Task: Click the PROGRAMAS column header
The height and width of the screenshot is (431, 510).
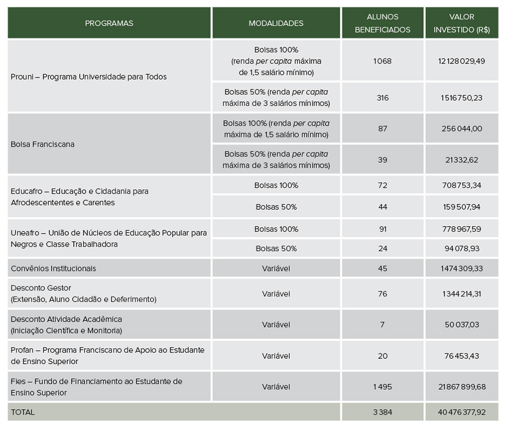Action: point(109,23)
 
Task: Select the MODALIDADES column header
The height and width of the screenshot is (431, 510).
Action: point(276,23)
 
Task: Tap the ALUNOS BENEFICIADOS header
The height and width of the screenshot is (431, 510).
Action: point(382,24)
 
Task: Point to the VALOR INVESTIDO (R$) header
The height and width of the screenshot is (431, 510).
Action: point(462,24)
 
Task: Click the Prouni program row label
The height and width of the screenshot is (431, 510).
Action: point(88,76)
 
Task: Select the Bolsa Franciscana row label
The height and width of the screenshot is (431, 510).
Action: point(42,144)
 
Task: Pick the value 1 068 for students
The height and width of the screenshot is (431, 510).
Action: point(382,61)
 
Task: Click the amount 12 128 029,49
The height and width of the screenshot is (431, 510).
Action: point(462,61)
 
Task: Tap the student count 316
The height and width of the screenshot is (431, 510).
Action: point(382,98)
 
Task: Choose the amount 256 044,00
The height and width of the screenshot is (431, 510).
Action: point(462,128)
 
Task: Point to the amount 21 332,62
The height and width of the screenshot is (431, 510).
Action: point(462,159)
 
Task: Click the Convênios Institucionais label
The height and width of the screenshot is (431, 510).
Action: point(53,268)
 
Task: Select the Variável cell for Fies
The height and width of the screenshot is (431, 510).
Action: point(276,387)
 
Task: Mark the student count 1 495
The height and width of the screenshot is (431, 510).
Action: point(382,387)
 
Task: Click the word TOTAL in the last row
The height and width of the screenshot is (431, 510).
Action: point(22,412)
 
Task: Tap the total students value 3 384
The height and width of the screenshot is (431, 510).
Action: point(382,412)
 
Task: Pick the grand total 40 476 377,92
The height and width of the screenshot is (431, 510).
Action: point(462,412)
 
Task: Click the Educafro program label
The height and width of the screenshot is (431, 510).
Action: point(79,197)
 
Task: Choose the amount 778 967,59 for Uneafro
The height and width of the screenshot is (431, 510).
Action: point(462,229)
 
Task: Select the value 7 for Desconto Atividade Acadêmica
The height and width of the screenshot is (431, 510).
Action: point(382,325)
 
